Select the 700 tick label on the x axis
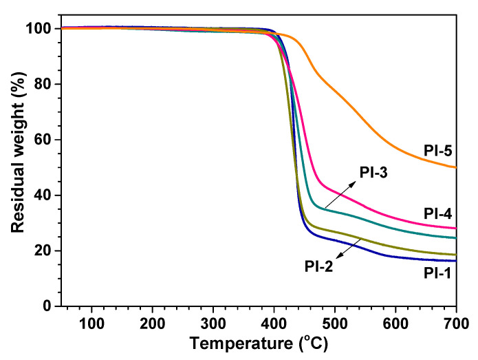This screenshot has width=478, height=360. click(456, 321)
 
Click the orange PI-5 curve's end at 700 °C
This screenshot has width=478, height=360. click(455, 167)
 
